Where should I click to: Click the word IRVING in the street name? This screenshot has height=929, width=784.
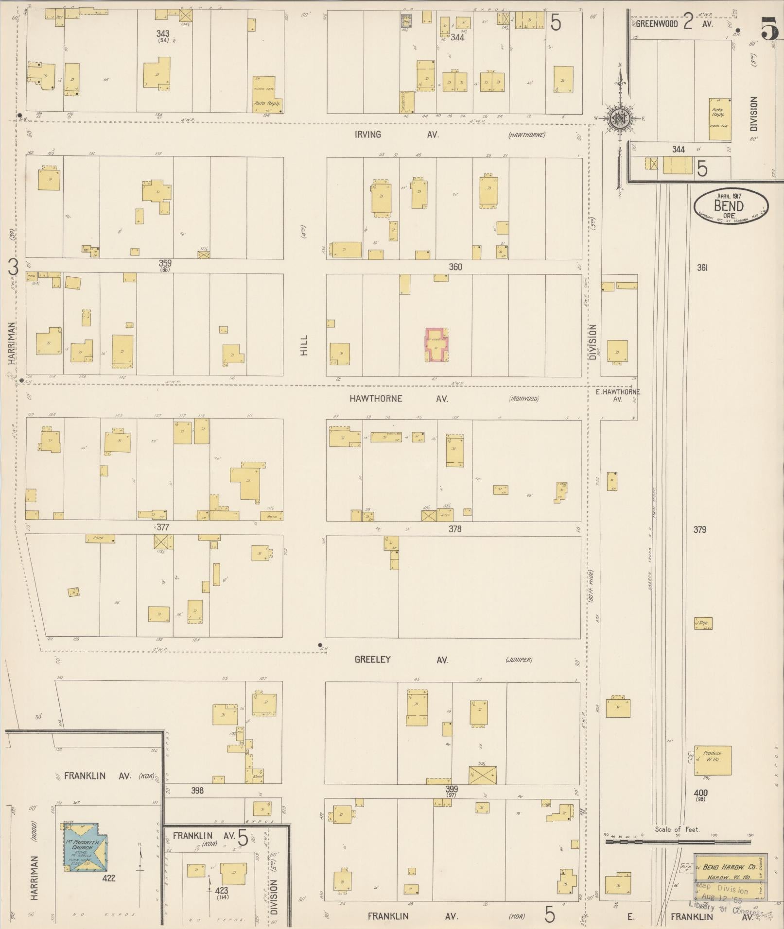pos(367,135)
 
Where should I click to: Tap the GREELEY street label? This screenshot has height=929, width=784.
pos(372,660)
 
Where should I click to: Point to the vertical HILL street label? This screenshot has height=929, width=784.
pos(304,345)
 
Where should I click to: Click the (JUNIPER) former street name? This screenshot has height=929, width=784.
pos(519,660)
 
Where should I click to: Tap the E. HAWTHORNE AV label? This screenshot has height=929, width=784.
pos(617,395)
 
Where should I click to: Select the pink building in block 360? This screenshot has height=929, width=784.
pos(437,345)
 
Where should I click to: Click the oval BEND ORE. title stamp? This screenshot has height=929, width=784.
pos(731,206)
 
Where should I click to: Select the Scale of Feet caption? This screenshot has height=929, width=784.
pos(677,829)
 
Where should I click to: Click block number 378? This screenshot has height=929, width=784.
pos(454,529)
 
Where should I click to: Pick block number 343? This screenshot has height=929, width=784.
pos(163,33)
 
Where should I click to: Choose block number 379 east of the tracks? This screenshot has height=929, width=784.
pos(699,529)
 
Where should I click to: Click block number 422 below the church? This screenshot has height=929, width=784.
pos(109,878)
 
